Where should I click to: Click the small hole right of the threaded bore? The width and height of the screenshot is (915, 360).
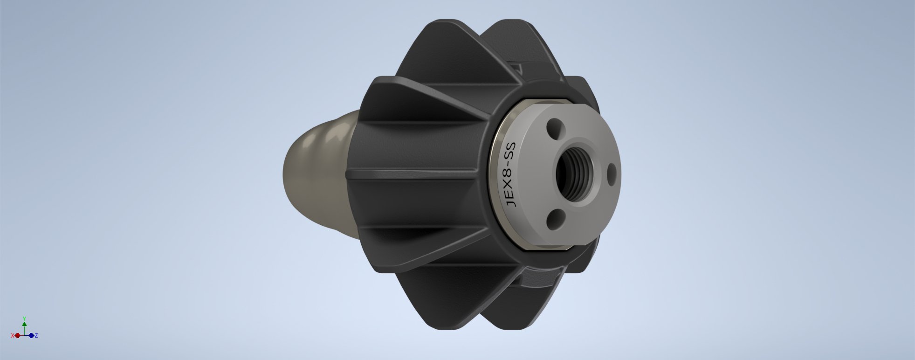coord(612,173)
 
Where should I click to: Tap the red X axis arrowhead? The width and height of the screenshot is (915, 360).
coord(16,335)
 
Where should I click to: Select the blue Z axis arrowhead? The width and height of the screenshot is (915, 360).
coord(32,335)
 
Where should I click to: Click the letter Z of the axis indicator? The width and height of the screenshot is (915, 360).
coord(36,335)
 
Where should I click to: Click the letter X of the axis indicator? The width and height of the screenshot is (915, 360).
coord(12,335)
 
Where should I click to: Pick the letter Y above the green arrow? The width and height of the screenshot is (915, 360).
coord(24,318)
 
